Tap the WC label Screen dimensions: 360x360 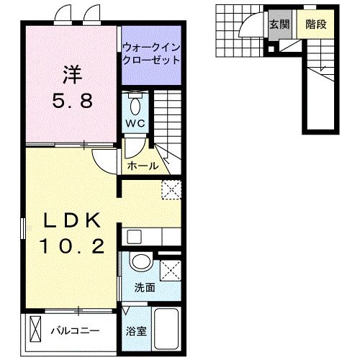[137, 122]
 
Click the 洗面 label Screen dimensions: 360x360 [144, 287]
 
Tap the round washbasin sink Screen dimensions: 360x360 [140, 263]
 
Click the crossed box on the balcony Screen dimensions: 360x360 [37, 331]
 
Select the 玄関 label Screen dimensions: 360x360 [279, 24]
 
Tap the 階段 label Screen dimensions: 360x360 [315, 24]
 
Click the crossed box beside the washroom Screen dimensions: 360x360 [170, 270]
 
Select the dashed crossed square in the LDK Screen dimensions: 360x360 [170, 189]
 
